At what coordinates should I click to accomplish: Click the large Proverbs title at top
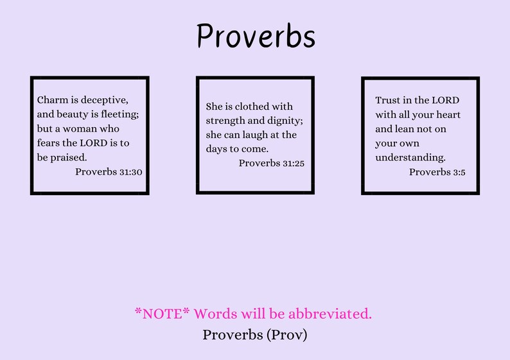click(256, 36)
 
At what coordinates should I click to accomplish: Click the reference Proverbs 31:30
click(109, 172)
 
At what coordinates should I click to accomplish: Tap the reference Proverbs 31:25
click(272, 163)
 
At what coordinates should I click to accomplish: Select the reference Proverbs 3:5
click(437, 172)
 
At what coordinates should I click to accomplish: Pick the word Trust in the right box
click(388, 101)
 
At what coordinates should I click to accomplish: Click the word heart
click(448, 115)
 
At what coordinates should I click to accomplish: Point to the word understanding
click(410, 157)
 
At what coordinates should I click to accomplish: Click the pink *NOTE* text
click(163, 314)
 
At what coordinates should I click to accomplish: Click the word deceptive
click(105, 100)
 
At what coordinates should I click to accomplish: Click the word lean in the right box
click(403, 129)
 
